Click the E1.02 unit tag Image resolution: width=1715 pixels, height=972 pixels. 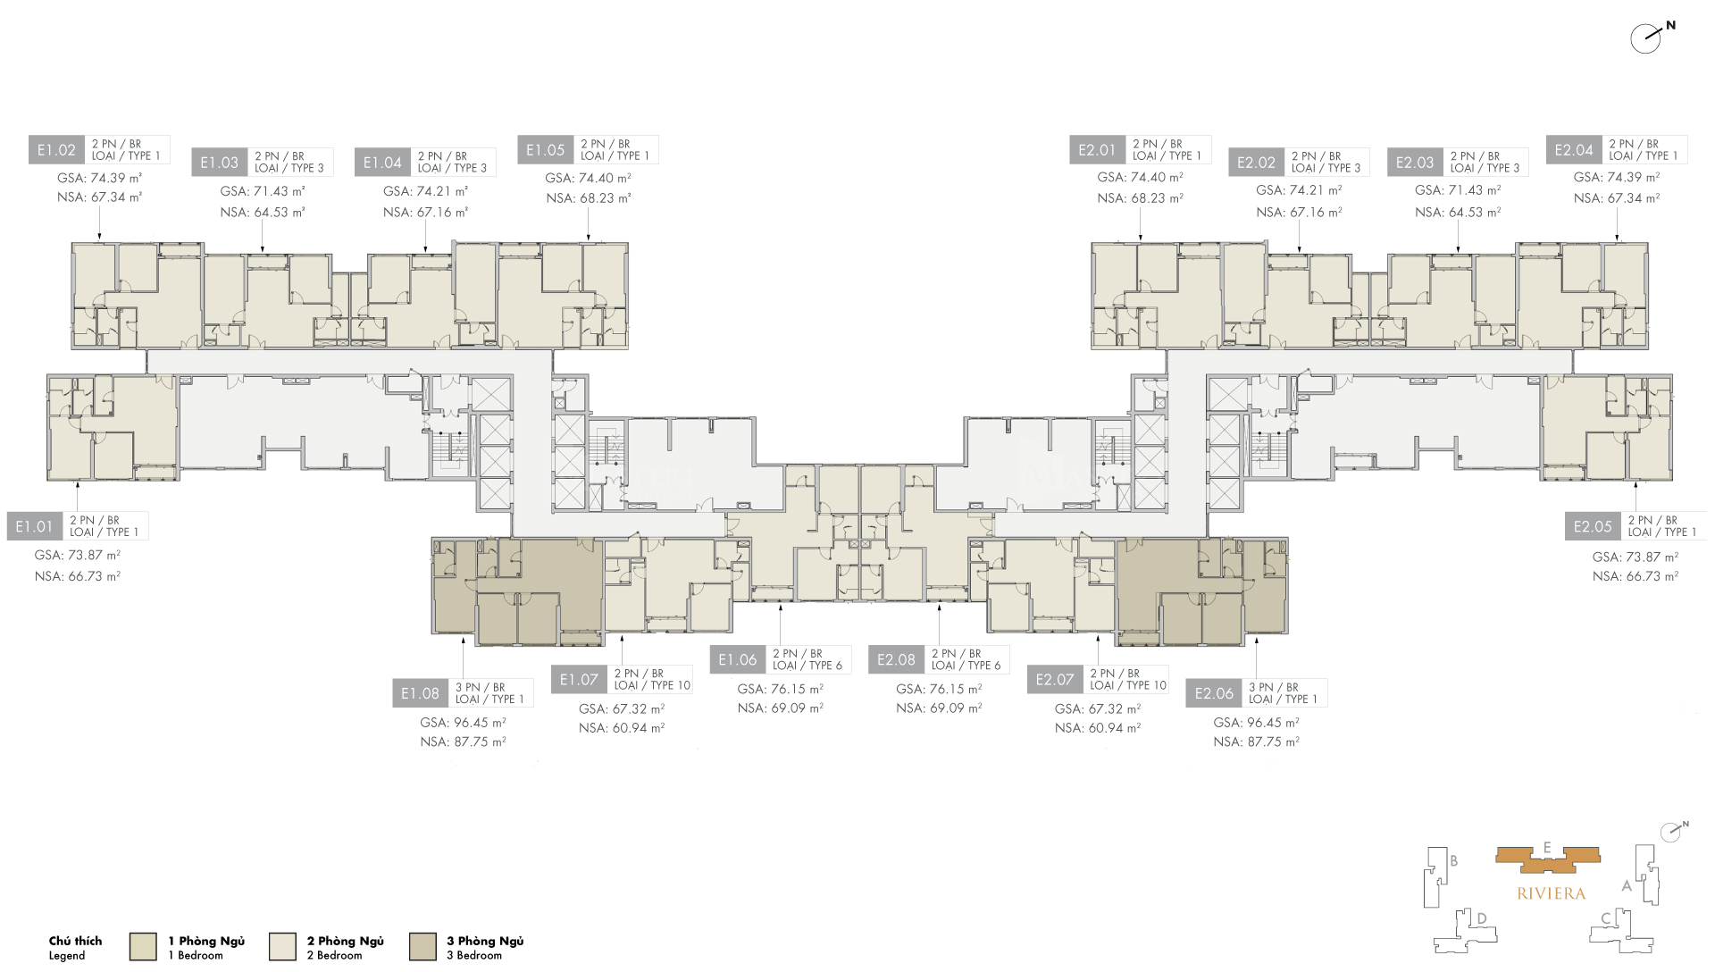[x=56, y=150]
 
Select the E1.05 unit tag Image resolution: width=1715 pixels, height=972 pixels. [x=545, y=150]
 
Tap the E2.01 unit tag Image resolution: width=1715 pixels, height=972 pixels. [x=1097, y=150]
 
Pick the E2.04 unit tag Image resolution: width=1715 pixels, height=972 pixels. [x=1573, y=150]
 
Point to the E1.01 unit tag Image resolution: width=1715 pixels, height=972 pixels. [x=34, y=526]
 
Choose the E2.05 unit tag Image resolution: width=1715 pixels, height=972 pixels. [x=1592, y=526]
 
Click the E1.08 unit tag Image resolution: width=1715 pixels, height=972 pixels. [x=419, y=693]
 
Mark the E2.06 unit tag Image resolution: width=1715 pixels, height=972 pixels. [x=1213, y=693]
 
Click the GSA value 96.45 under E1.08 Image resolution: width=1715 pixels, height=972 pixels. [x=463, y=723]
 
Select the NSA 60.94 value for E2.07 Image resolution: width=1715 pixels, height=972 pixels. [x=1097, y=728]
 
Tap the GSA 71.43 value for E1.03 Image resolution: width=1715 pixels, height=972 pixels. [x=263, y=191]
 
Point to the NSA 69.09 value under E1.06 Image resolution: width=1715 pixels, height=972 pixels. [x=780, y=708]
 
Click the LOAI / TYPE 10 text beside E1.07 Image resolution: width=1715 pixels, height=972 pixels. [x=652, y=685]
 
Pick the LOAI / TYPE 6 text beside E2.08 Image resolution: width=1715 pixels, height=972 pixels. [x=966, y=666]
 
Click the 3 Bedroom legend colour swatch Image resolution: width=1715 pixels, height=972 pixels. [x=422, y=946]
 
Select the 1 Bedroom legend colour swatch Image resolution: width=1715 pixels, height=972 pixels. [x=143, y=946]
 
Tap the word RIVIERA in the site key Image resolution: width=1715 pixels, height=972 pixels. [x=1551, y=893]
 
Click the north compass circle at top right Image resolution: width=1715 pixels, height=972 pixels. [x=1644, y=39]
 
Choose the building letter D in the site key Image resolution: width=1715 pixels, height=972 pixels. [x=1481, y=918]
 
